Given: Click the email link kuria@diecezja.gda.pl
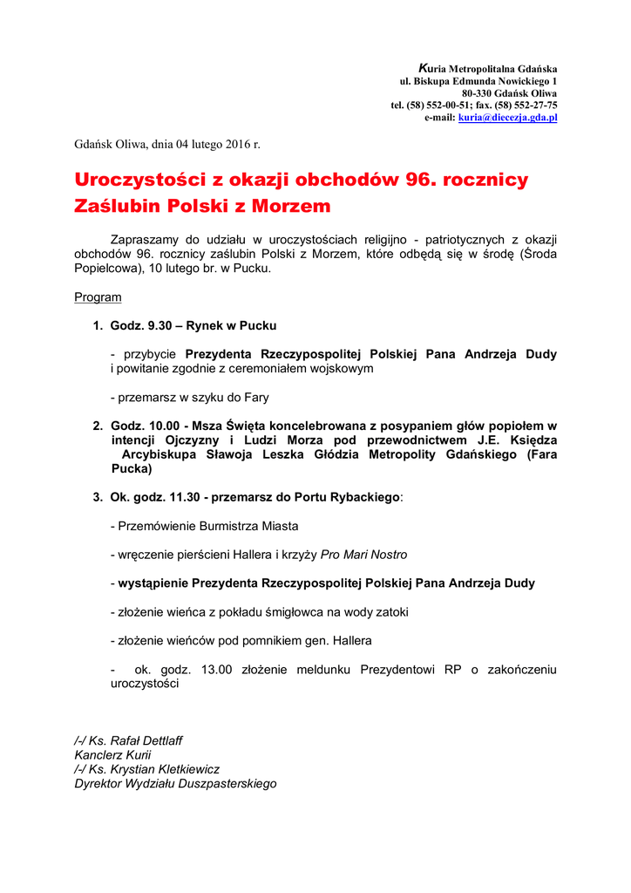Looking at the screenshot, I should [x=507, y=117].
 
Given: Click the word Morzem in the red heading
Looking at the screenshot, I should [x=292, y=207].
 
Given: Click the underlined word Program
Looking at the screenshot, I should [x=98, y=297].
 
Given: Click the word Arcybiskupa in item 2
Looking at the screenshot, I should [x=159, y=454].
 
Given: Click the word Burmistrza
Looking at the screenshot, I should [x=214, y=526].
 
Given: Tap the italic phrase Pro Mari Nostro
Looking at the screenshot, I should [x=363, y=555].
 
